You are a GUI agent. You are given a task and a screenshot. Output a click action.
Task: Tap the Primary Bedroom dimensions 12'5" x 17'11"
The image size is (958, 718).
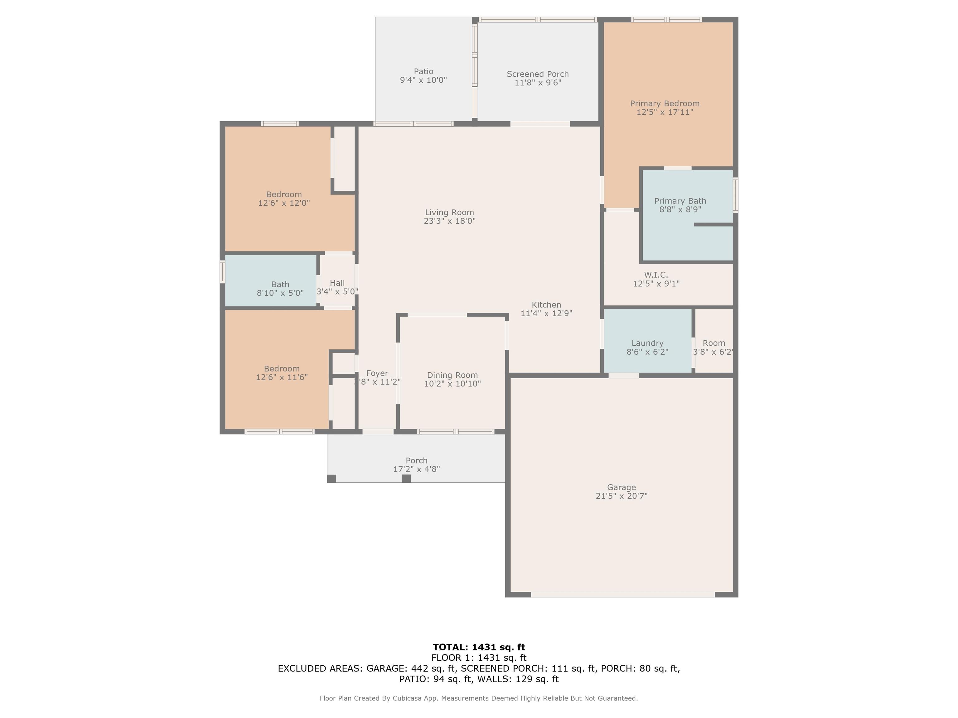(665, 112)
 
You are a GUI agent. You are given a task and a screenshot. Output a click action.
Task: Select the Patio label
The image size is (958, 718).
(423, 71)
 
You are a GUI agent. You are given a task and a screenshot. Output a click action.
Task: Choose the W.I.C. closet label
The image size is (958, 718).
(656, 275)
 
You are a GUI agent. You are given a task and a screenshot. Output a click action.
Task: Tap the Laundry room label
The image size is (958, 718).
(647, 343)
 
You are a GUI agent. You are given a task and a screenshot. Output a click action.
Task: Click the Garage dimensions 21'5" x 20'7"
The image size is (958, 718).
(622, 496)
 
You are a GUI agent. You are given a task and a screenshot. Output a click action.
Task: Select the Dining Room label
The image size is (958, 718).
(452, 375)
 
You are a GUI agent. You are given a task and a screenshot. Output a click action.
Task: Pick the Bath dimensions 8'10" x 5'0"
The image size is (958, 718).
(280, 293)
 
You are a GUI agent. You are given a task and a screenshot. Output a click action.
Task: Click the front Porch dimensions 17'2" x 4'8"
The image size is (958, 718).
(416, 469)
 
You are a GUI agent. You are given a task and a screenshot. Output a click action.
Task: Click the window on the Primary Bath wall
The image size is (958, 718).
(735, 195)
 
